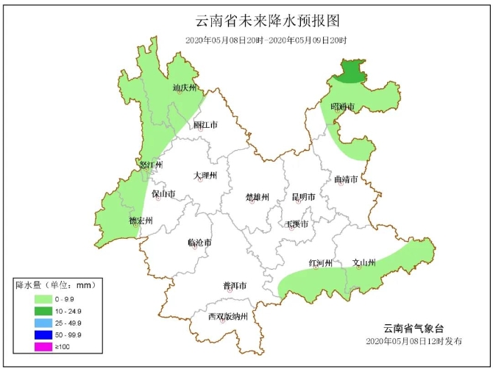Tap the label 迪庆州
185,88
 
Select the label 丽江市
205,125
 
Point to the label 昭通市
342,107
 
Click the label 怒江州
151,165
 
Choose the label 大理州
205,176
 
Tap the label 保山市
163,194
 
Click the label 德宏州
141,221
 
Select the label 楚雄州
258,197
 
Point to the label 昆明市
303,197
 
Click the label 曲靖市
346,179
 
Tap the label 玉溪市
297,223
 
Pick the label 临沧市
199,243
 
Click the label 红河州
321,263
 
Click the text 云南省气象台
414,328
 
